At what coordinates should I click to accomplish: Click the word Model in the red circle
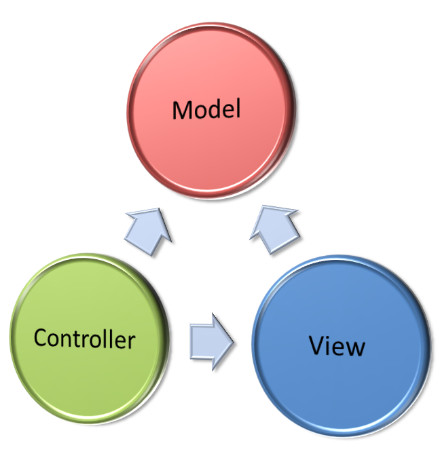pyautogui.click(x=206, y=109)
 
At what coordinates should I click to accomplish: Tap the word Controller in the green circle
pyautogui.click(x=84, y=337)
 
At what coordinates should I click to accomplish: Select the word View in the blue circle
pyautogui.click(x=337, y=345)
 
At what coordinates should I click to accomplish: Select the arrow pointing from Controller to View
pyautogui.click(x=211, y=342)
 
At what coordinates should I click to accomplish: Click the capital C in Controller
pyautogui.click(x=41, y=337)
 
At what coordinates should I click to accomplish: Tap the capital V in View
pyautogui.click(x=318, y=345)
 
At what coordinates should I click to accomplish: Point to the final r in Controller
pyautogui.click(x=131, y=339)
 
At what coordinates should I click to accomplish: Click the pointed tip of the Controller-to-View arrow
pyautogui.click(x=233, y=343)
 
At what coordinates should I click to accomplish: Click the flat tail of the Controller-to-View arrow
pyautogui.click(x=191, y=342)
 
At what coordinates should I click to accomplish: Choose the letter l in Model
pyautogui.click(x=238, y=107)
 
